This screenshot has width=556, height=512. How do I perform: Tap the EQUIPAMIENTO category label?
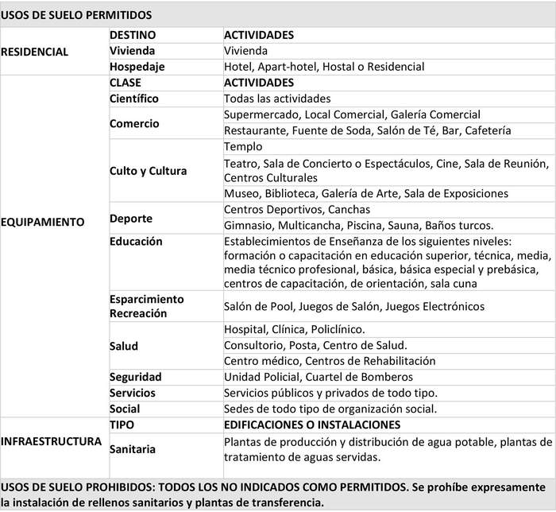point(42,222)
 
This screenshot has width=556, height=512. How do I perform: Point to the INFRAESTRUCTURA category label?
point(52,440)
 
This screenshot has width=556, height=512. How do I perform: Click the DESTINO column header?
point(133,35)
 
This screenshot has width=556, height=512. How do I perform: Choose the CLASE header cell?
point(127,83)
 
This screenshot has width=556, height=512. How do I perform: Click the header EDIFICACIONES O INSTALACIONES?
point(312,425)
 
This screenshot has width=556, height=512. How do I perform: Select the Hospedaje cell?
point(137,67)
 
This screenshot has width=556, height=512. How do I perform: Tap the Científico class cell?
point(134,99)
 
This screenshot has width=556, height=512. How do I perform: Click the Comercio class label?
point(134,123)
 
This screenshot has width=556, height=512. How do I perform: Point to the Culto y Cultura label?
point(148,171)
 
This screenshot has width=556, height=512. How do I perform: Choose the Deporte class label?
point(131,218)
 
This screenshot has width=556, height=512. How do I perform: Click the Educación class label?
point(136,241)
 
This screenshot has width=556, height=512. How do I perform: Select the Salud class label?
point(124,346)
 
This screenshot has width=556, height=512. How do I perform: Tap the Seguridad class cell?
point(135,377)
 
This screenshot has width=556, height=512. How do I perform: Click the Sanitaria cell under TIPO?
point(133,449)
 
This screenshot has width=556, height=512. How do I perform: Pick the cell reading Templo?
point(243,147)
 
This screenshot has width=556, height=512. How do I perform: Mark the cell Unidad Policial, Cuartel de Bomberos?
point(318,377)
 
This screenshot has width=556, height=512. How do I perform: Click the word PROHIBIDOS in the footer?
point(120,486)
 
